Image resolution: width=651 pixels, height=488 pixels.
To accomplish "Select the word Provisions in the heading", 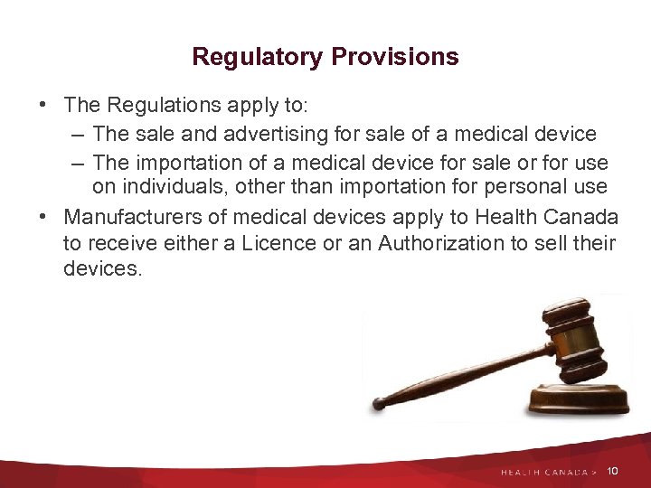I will click(395, 57).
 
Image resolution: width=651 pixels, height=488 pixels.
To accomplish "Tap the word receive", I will click(124, 243).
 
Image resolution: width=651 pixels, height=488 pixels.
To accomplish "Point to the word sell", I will click(555, 243).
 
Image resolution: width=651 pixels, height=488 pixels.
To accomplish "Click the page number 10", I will click(613, 471).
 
